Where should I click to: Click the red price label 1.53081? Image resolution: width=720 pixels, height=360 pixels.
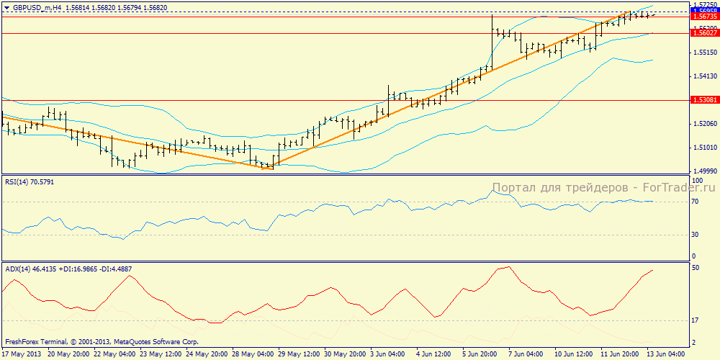[703, 100]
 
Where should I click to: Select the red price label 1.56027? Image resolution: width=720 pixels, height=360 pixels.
[703, 32]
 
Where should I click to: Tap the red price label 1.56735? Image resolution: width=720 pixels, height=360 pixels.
[703, 17]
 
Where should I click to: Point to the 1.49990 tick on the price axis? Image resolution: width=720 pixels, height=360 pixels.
[702, 171]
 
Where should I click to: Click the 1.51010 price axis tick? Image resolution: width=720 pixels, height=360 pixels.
[702, 148]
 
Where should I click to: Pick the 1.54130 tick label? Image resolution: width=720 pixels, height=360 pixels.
[702, 76]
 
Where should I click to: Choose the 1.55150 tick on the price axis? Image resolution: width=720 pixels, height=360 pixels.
[702, 53]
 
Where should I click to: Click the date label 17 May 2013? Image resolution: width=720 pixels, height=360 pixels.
[22, 354]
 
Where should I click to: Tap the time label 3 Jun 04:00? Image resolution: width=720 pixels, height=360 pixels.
[387, 354]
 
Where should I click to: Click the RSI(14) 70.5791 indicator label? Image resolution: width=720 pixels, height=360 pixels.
[29, 182]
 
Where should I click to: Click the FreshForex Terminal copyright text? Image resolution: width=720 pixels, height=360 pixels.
[101, 342]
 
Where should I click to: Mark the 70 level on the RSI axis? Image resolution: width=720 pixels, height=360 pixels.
[696, 202]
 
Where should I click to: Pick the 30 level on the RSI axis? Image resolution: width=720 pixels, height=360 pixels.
[696, 234]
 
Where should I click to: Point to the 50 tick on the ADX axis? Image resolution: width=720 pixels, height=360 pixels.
[696, 268]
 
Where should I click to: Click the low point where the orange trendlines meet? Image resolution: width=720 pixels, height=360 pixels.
[271, 167]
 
